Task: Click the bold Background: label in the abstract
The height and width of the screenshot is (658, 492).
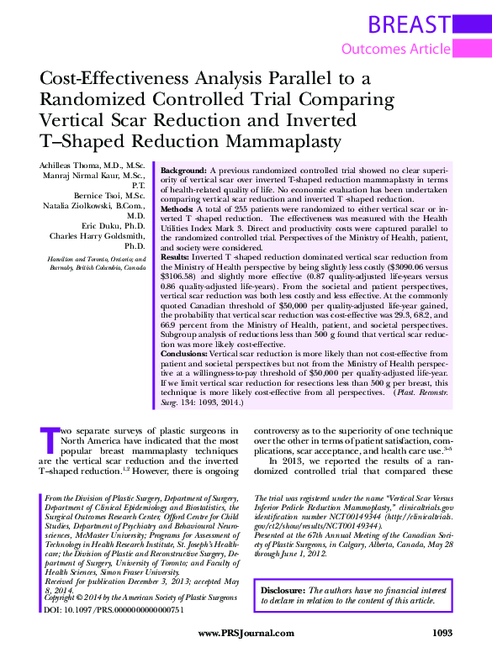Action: (189, 170)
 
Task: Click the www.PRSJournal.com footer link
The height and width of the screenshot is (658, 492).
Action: (246, 633)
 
